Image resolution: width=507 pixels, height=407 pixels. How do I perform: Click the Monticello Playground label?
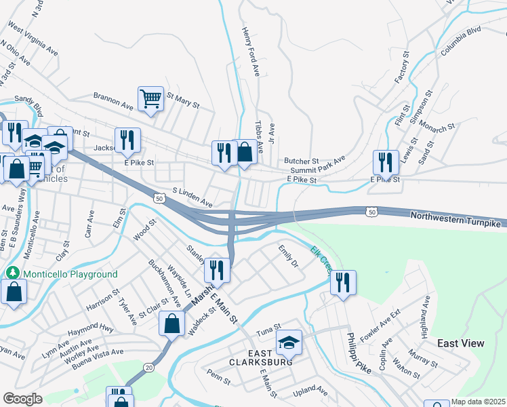pyautogui.click(x=70, y=274)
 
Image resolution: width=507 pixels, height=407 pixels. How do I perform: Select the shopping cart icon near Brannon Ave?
pyautogui.click(x=150, y=98)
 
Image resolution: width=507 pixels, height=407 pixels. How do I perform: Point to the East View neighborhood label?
pyautogui.click(x=461, y=343)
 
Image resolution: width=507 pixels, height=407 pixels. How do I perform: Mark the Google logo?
pyautogui.click(x=22, y=399)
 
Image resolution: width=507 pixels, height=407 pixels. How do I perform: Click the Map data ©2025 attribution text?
pyautogui.click(x=477, y=402)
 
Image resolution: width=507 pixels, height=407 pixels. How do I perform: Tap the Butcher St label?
pyautogui.click(x=301, y=160)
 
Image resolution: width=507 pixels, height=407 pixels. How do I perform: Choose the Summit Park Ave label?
pyautogui.click(x=318, y=169)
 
